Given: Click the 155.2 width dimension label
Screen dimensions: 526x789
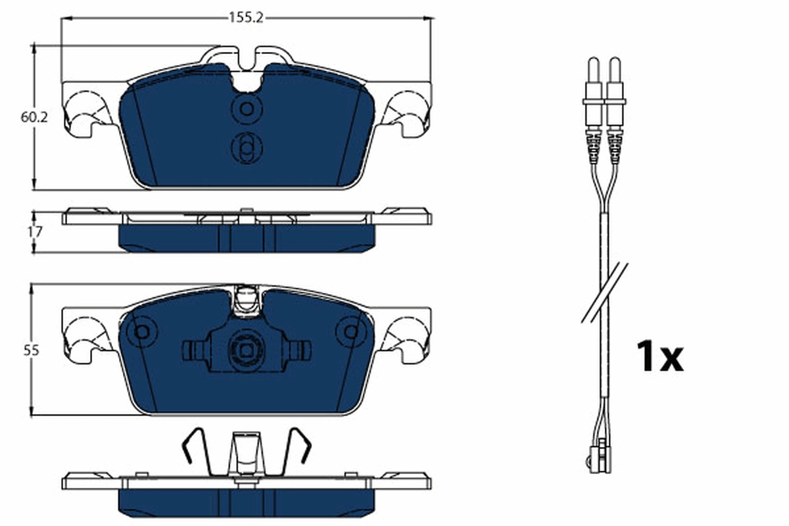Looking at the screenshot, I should pyautogui.click(x=246, y=18).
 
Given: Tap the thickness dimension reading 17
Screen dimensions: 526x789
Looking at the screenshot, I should pyautogui.click(x=35, y=231).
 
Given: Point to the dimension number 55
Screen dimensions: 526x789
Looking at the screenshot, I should pyautogui.click(x=30, y=350).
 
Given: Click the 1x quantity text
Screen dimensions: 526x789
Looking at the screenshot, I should pyautogui.click(x=659, y=357).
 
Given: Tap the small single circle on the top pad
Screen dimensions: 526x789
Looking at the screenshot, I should pyautogui.click(x=247, y=108).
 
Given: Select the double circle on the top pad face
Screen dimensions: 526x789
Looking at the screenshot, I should pyautogui.click(x=247, y=147).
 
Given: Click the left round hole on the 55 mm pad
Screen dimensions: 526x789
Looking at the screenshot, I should pyautogui.click(x=141, y=332).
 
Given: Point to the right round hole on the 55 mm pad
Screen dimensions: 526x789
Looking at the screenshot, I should pyautogui.click(x=352, y=332).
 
